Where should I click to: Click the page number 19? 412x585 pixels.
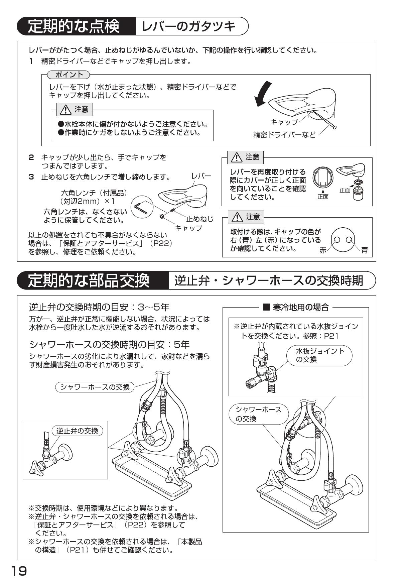pos(19,571)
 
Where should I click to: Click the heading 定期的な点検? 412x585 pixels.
pos(74,26)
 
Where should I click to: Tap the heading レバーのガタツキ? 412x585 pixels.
pos(189,26)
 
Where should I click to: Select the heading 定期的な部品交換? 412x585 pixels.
pos(89,280)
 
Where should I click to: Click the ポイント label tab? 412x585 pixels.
pos(69,74)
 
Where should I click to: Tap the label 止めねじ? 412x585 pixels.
pos(199,219)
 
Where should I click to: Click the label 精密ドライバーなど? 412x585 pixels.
pos(284,135)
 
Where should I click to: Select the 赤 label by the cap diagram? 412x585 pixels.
pos(323,250)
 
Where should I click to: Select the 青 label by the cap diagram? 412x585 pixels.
pos(365,250)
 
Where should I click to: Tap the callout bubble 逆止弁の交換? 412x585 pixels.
pos(77,431)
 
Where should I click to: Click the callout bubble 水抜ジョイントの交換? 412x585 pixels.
pos(320,355)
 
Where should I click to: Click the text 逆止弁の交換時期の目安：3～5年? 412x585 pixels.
pos(99,307)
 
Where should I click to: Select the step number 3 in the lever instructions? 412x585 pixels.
pos(31,177)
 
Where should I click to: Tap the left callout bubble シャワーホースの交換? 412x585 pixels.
pos(95,387)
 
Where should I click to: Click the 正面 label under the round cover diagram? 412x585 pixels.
pos(323,197)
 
